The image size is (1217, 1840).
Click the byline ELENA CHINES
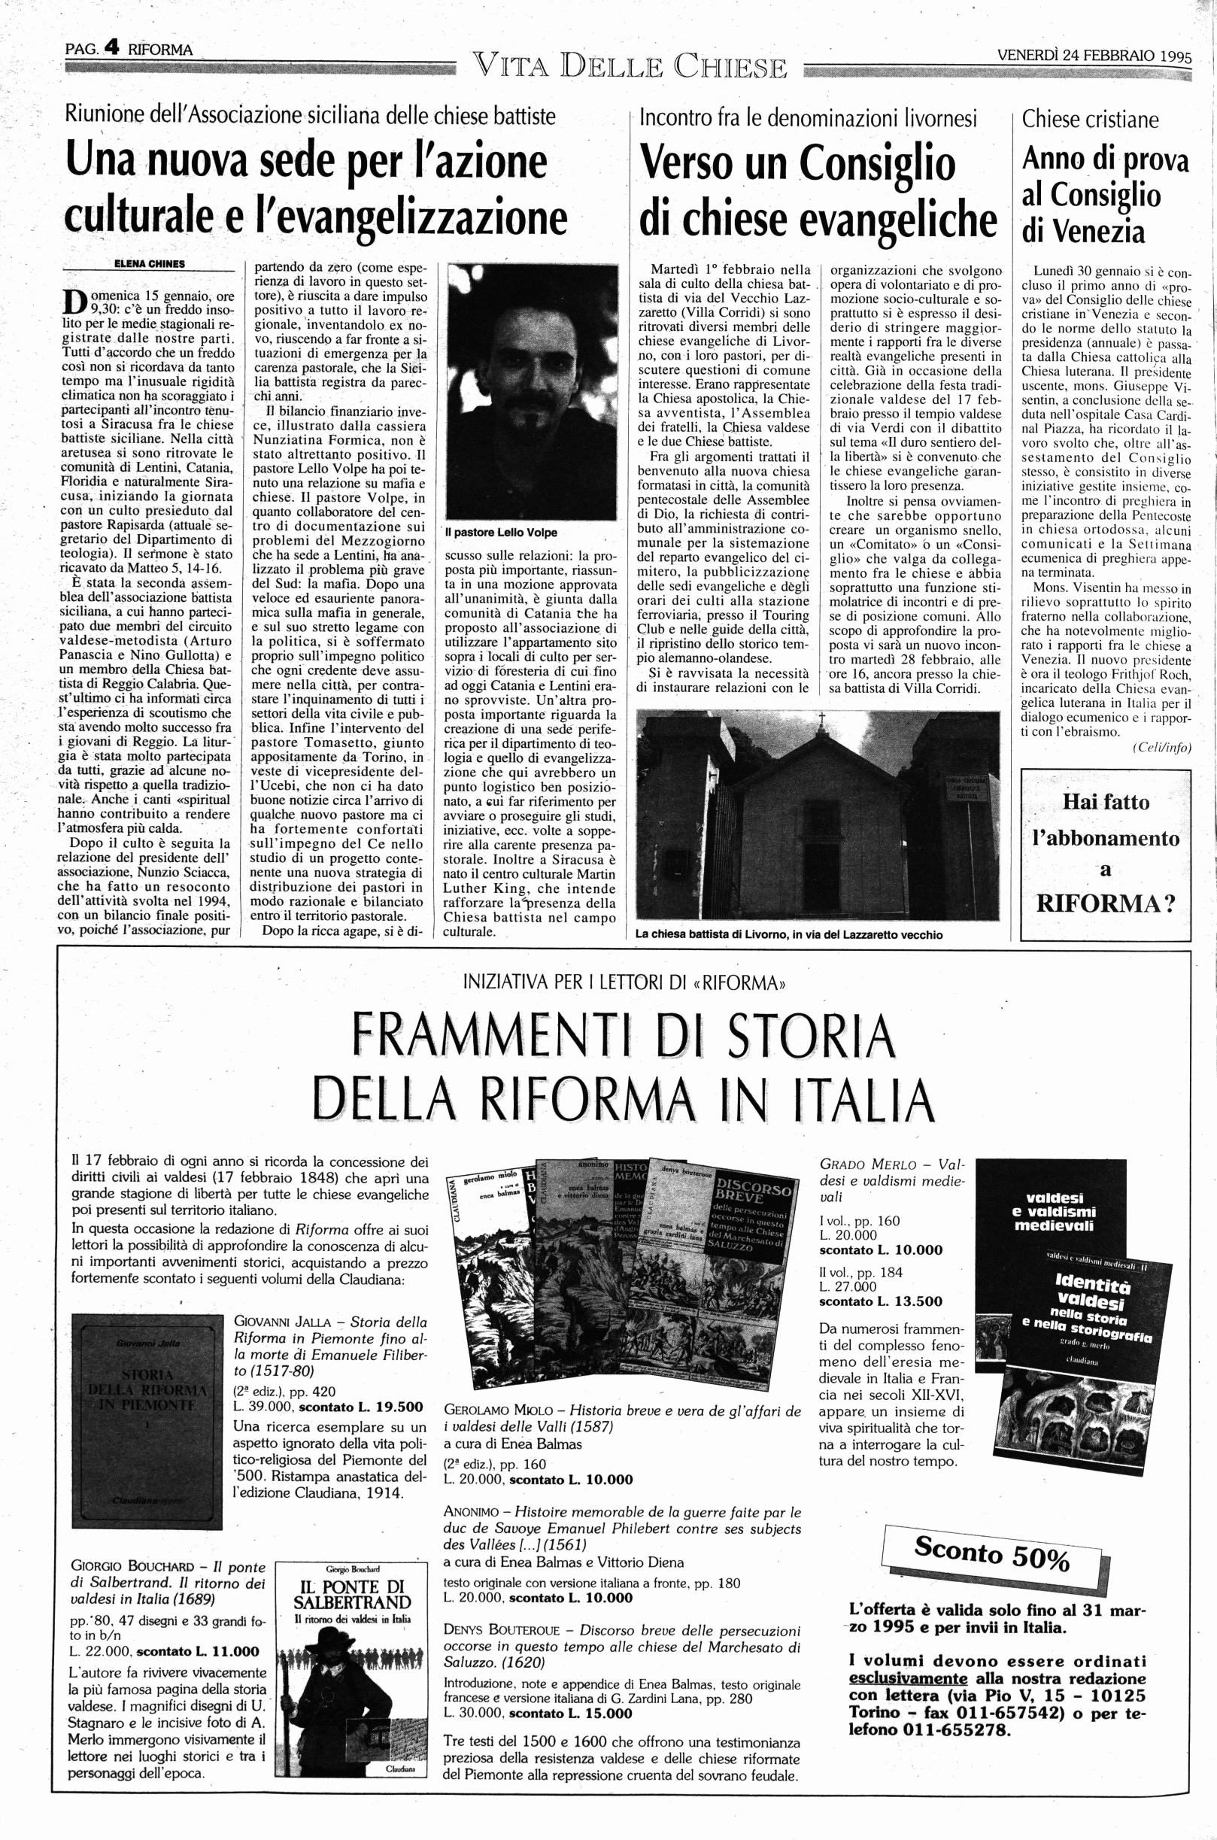[x=149, y=264]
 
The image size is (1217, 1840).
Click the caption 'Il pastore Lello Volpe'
[x=500, y=533]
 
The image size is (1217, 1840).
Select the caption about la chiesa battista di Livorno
[x=788, y=935]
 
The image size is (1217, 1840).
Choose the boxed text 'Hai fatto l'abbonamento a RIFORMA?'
[x=1105, y=853]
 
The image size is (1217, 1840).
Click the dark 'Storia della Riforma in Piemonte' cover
[x=146, y=1419]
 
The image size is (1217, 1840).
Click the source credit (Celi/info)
[x=1161, y=746]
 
